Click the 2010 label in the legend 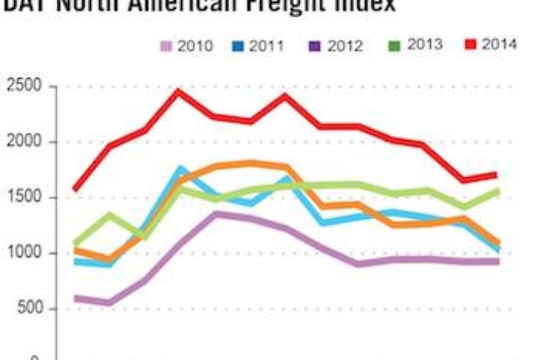coord(195,46)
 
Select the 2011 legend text coord(266,46)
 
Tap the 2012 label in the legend coord(345,46)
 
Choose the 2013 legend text coord(425,45)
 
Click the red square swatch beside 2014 coord(471,45)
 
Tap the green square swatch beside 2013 coord(396,45)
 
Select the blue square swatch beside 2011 coord(237,46)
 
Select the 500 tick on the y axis coord(30,309)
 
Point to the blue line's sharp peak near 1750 coord(181,168)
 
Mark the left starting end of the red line coord(74,190)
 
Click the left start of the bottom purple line coord(74,298)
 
